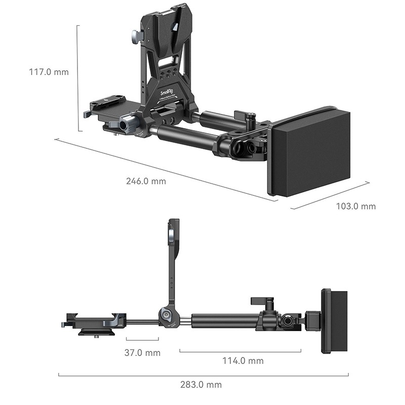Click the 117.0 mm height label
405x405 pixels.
[x=49, y=72]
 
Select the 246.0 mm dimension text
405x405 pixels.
[x=146, y=181]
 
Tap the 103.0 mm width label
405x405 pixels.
[x=356, y=206]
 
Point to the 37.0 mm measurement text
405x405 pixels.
[x=142, y=352]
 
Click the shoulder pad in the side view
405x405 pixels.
[x=334, y=321]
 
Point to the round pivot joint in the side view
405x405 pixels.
[x=167, y=316]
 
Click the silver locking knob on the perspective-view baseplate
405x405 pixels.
[x=127, y=124]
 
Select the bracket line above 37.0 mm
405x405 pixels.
[x=142, y=340]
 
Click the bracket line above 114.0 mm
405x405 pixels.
[x=240, y=350]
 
